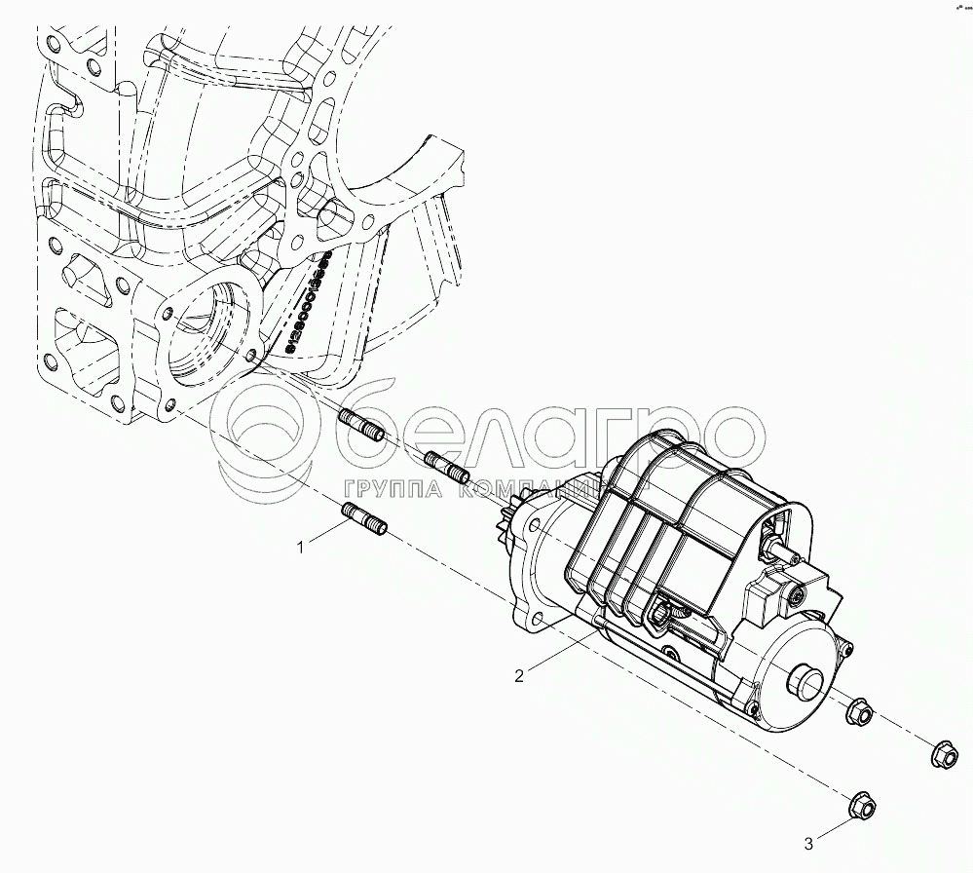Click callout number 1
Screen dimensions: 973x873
point(301,549)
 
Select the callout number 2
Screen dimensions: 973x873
point(519,675)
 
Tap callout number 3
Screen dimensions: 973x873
point(809,843)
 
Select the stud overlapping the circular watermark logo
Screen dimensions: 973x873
point(361,428)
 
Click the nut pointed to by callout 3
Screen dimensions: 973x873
point(862,805)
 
